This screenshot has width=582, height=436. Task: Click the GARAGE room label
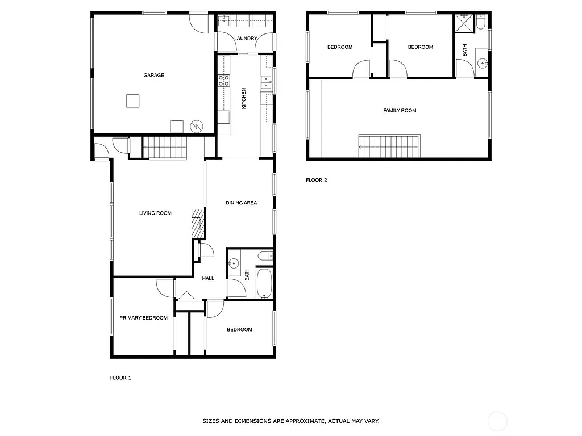click(153, 75)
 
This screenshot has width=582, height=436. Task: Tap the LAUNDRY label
click(246, 39)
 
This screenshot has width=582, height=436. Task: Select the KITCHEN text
click(244, 98)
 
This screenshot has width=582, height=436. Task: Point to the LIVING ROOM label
click(155, 213)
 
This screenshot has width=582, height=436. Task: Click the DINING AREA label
click(241, 203)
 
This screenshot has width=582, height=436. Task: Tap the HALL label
click(208, 278)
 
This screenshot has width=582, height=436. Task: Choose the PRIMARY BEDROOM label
click(143, 318)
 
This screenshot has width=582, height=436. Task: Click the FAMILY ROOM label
click(400, 111)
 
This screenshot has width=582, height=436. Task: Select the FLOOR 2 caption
click(317, 181)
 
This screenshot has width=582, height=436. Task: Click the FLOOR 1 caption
click(120, 378)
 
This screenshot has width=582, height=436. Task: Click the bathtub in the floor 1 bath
click(264, 284)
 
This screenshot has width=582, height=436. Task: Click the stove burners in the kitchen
click(223, 81)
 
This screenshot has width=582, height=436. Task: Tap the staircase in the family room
click(389, 146)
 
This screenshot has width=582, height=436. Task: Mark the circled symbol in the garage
click(196, 125)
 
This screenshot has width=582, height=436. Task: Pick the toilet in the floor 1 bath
click(265, 256)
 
